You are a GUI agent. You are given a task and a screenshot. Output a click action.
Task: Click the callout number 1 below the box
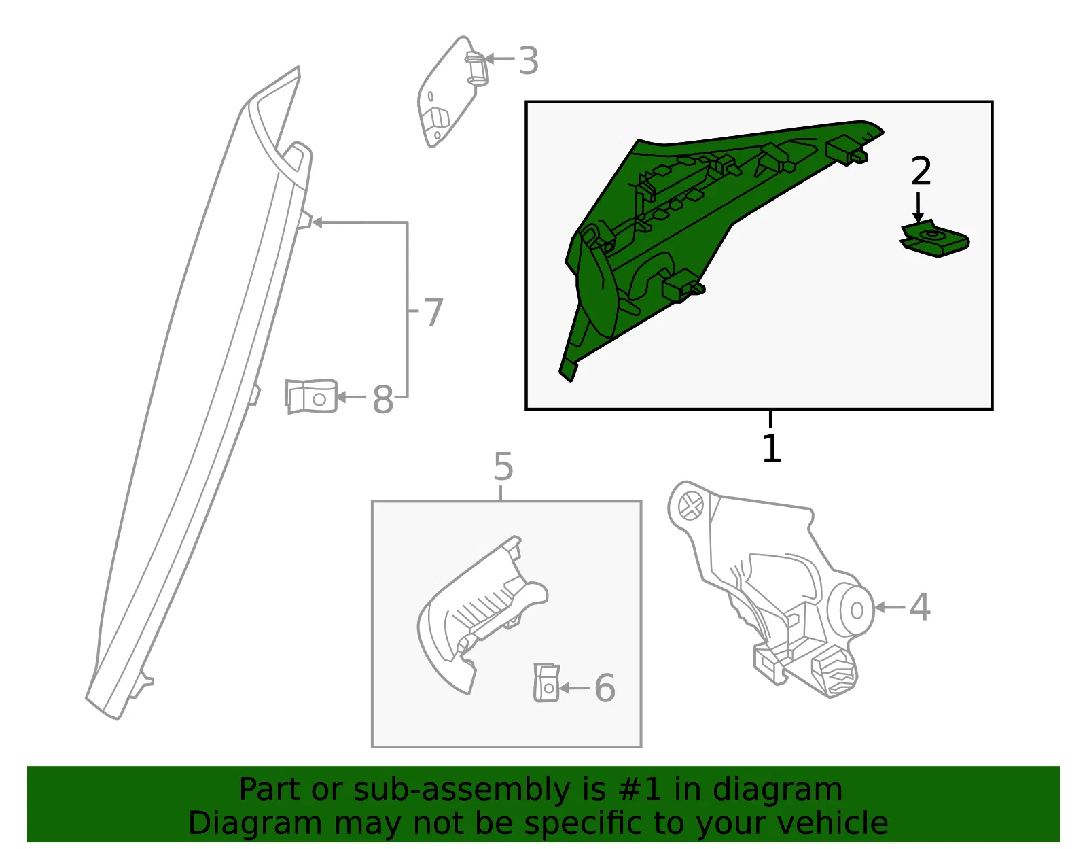[x=771, y=448]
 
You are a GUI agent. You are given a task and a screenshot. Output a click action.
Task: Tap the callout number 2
[x=921, y=171]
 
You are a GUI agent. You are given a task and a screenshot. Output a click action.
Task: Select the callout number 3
[x=529, y=61]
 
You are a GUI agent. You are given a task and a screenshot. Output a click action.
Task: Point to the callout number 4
[x=919, y=607]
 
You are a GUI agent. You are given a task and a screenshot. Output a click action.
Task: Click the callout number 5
[x=503, y=467]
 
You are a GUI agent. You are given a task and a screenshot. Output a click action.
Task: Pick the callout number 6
[x=605, y=688]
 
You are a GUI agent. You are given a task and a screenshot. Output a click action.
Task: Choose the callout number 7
[x=433, y=312]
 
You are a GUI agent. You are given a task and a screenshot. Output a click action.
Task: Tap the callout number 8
[x=382, y=400]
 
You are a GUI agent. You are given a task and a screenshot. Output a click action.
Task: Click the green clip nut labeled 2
[x=934, y=239]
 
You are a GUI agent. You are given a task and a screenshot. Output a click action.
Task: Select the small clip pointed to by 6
[x=547, y=682]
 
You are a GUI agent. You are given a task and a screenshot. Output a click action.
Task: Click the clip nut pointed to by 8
[x=310, y=396]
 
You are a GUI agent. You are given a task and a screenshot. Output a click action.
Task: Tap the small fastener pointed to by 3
[x=477, y=69]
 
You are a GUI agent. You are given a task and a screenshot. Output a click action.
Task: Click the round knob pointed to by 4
[x=851, y=610]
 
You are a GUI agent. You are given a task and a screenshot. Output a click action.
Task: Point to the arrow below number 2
[x=918, y=207]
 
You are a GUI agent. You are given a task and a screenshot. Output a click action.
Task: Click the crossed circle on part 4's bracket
[x=691, y=506]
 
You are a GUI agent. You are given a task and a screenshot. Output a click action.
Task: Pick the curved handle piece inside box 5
[x=481, y=615]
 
